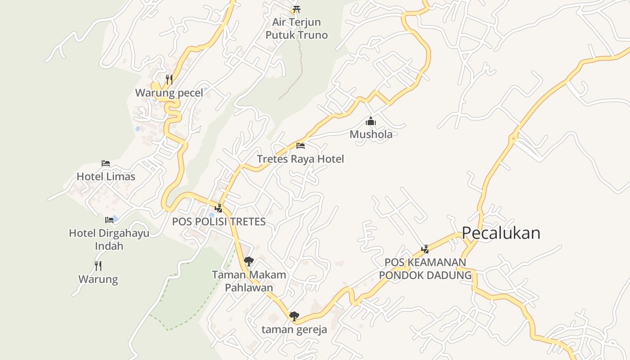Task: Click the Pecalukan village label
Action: coord(501,233)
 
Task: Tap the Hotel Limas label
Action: coord(106,176)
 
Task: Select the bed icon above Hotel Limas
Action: coord(106,163)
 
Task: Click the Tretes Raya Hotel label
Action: coord(300,159)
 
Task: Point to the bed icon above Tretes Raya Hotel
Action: coord(301,146)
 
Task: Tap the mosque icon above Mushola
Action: coord(371,121)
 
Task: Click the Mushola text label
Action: coord(371,134)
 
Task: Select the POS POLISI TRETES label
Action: coord(219,221)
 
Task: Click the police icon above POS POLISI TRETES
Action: coord(219,208)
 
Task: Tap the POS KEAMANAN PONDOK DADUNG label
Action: coord(425,268)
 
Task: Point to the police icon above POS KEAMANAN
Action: coord(425,248)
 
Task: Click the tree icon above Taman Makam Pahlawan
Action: coord(248,261)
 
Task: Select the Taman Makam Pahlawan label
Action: coord(249,281)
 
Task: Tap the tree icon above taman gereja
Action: coord(294,316)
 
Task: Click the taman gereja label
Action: coord(294,329)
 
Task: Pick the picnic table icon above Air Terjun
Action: coord(296,9)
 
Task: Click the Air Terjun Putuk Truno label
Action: coord(296,28)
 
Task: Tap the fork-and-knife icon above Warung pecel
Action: coord(169,80)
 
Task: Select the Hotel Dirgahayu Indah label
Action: coord(109,239)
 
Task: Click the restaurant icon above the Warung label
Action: coord(98,266)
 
